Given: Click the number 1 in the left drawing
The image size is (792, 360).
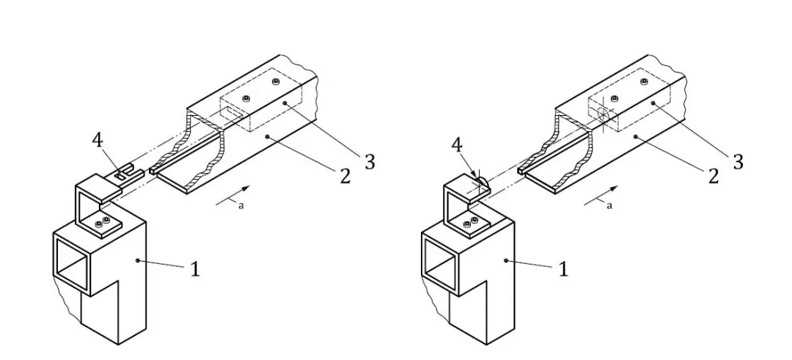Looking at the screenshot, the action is (196, 270).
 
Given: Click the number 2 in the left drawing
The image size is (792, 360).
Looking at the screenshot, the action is (345, 176).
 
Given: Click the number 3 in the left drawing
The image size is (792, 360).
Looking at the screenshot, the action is (370, 162).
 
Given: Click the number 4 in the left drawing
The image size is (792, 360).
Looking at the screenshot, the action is (98, 140).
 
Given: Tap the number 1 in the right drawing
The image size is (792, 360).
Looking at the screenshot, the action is (564, 270).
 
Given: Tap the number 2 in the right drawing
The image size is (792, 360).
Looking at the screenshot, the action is (714, 176).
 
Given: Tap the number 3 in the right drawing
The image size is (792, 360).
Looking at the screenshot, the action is (738, 162).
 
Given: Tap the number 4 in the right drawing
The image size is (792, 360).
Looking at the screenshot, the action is (456, 145).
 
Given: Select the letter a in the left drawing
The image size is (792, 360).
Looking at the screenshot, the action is (241, 206).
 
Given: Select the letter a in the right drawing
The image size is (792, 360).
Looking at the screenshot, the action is (609, 206).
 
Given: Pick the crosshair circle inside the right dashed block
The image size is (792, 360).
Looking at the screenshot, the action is (603, 114).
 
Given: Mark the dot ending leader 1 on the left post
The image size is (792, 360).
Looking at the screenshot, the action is (137, 260).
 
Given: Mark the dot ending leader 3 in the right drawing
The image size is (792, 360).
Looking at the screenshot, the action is (653, 103).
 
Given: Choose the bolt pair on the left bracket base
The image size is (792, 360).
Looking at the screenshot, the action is (103, 221).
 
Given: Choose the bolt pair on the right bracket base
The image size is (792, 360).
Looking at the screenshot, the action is (471, 221).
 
